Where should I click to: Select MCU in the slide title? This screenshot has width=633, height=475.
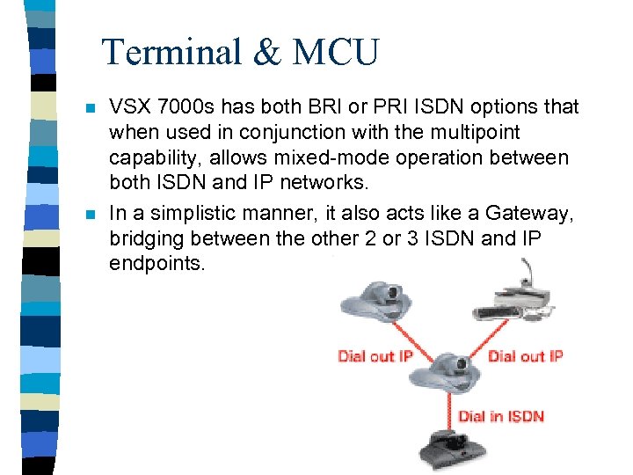335,52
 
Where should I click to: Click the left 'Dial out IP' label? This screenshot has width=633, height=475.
376,356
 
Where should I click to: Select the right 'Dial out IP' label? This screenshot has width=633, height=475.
525,356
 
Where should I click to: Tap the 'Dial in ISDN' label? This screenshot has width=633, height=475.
500,416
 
